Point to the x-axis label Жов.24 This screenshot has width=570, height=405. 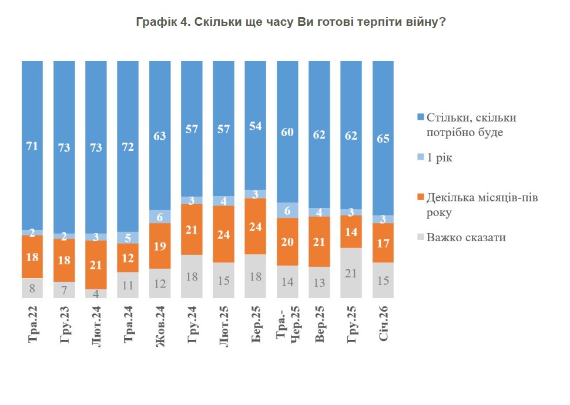coord(160,329)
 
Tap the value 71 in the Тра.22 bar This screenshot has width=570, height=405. coord(32,146)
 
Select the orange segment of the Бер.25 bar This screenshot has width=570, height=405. coord(255,227)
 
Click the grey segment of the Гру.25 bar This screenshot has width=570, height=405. coord(350,272)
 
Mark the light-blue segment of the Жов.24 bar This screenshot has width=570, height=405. coord(160,217)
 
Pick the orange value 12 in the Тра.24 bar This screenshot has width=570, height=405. coord(128,258)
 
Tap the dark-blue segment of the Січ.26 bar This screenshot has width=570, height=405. coord(382,138)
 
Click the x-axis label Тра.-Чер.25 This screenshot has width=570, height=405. coord(287,330)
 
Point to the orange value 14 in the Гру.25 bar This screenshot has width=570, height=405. coord(350,232)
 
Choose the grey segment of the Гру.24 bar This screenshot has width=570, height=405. coord(192,276)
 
